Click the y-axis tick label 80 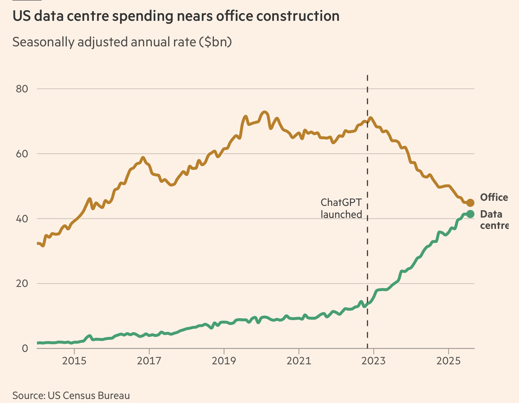coord(22,89)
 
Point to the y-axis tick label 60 coord(22,154)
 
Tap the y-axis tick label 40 coord(22,219)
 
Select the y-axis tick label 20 coord(22,283)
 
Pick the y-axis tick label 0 coord(24,348)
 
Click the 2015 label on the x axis coord(74,361)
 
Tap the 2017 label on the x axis coord(149,361)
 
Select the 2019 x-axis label coord(224,361)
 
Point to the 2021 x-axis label coord(299,361)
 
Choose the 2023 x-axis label coord(373,361)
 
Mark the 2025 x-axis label coord(448,361)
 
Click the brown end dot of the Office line coord(470,203)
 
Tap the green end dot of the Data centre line coord(470,214)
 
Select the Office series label coord(494,197)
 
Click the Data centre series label coord(494,220)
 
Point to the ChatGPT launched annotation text coord(341,208)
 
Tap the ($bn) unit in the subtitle coord(215,42)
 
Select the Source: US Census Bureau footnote coord(71,396)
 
